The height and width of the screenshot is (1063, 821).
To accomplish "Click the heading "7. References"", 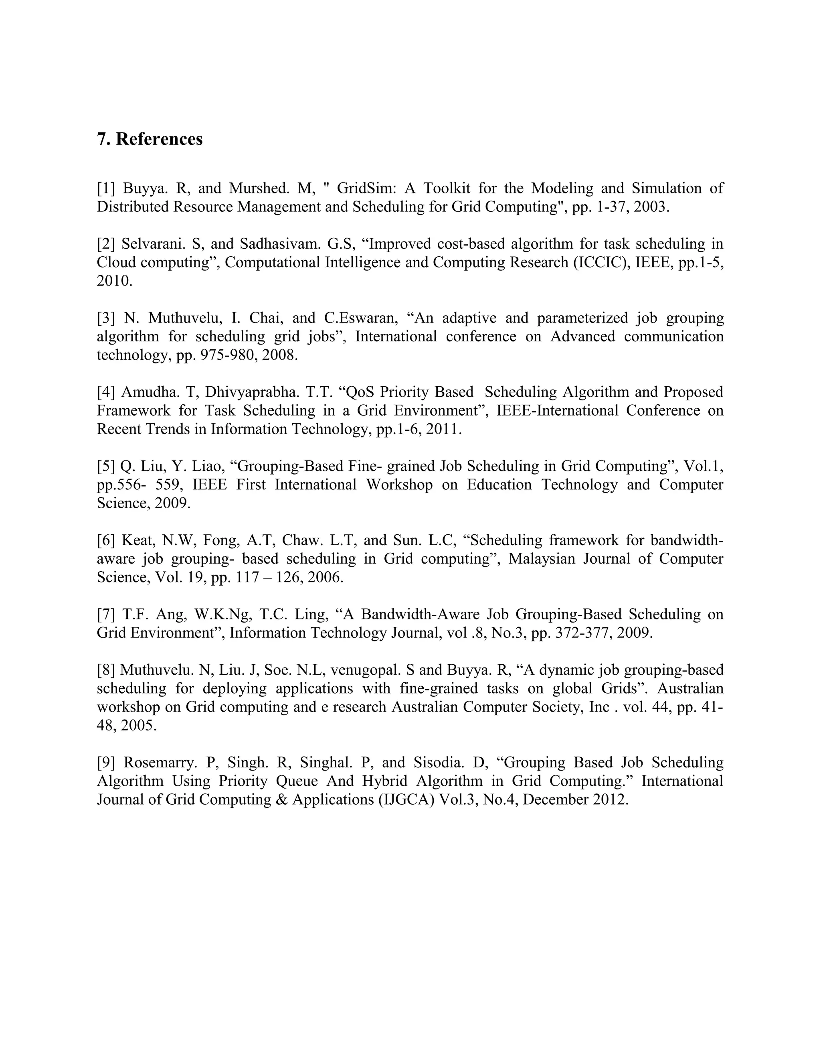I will (150, 139).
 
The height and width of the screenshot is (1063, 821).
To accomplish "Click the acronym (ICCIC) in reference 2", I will (602, 262).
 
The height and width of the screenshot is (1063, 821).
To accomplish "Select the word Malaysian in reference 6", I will (540, 558).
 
